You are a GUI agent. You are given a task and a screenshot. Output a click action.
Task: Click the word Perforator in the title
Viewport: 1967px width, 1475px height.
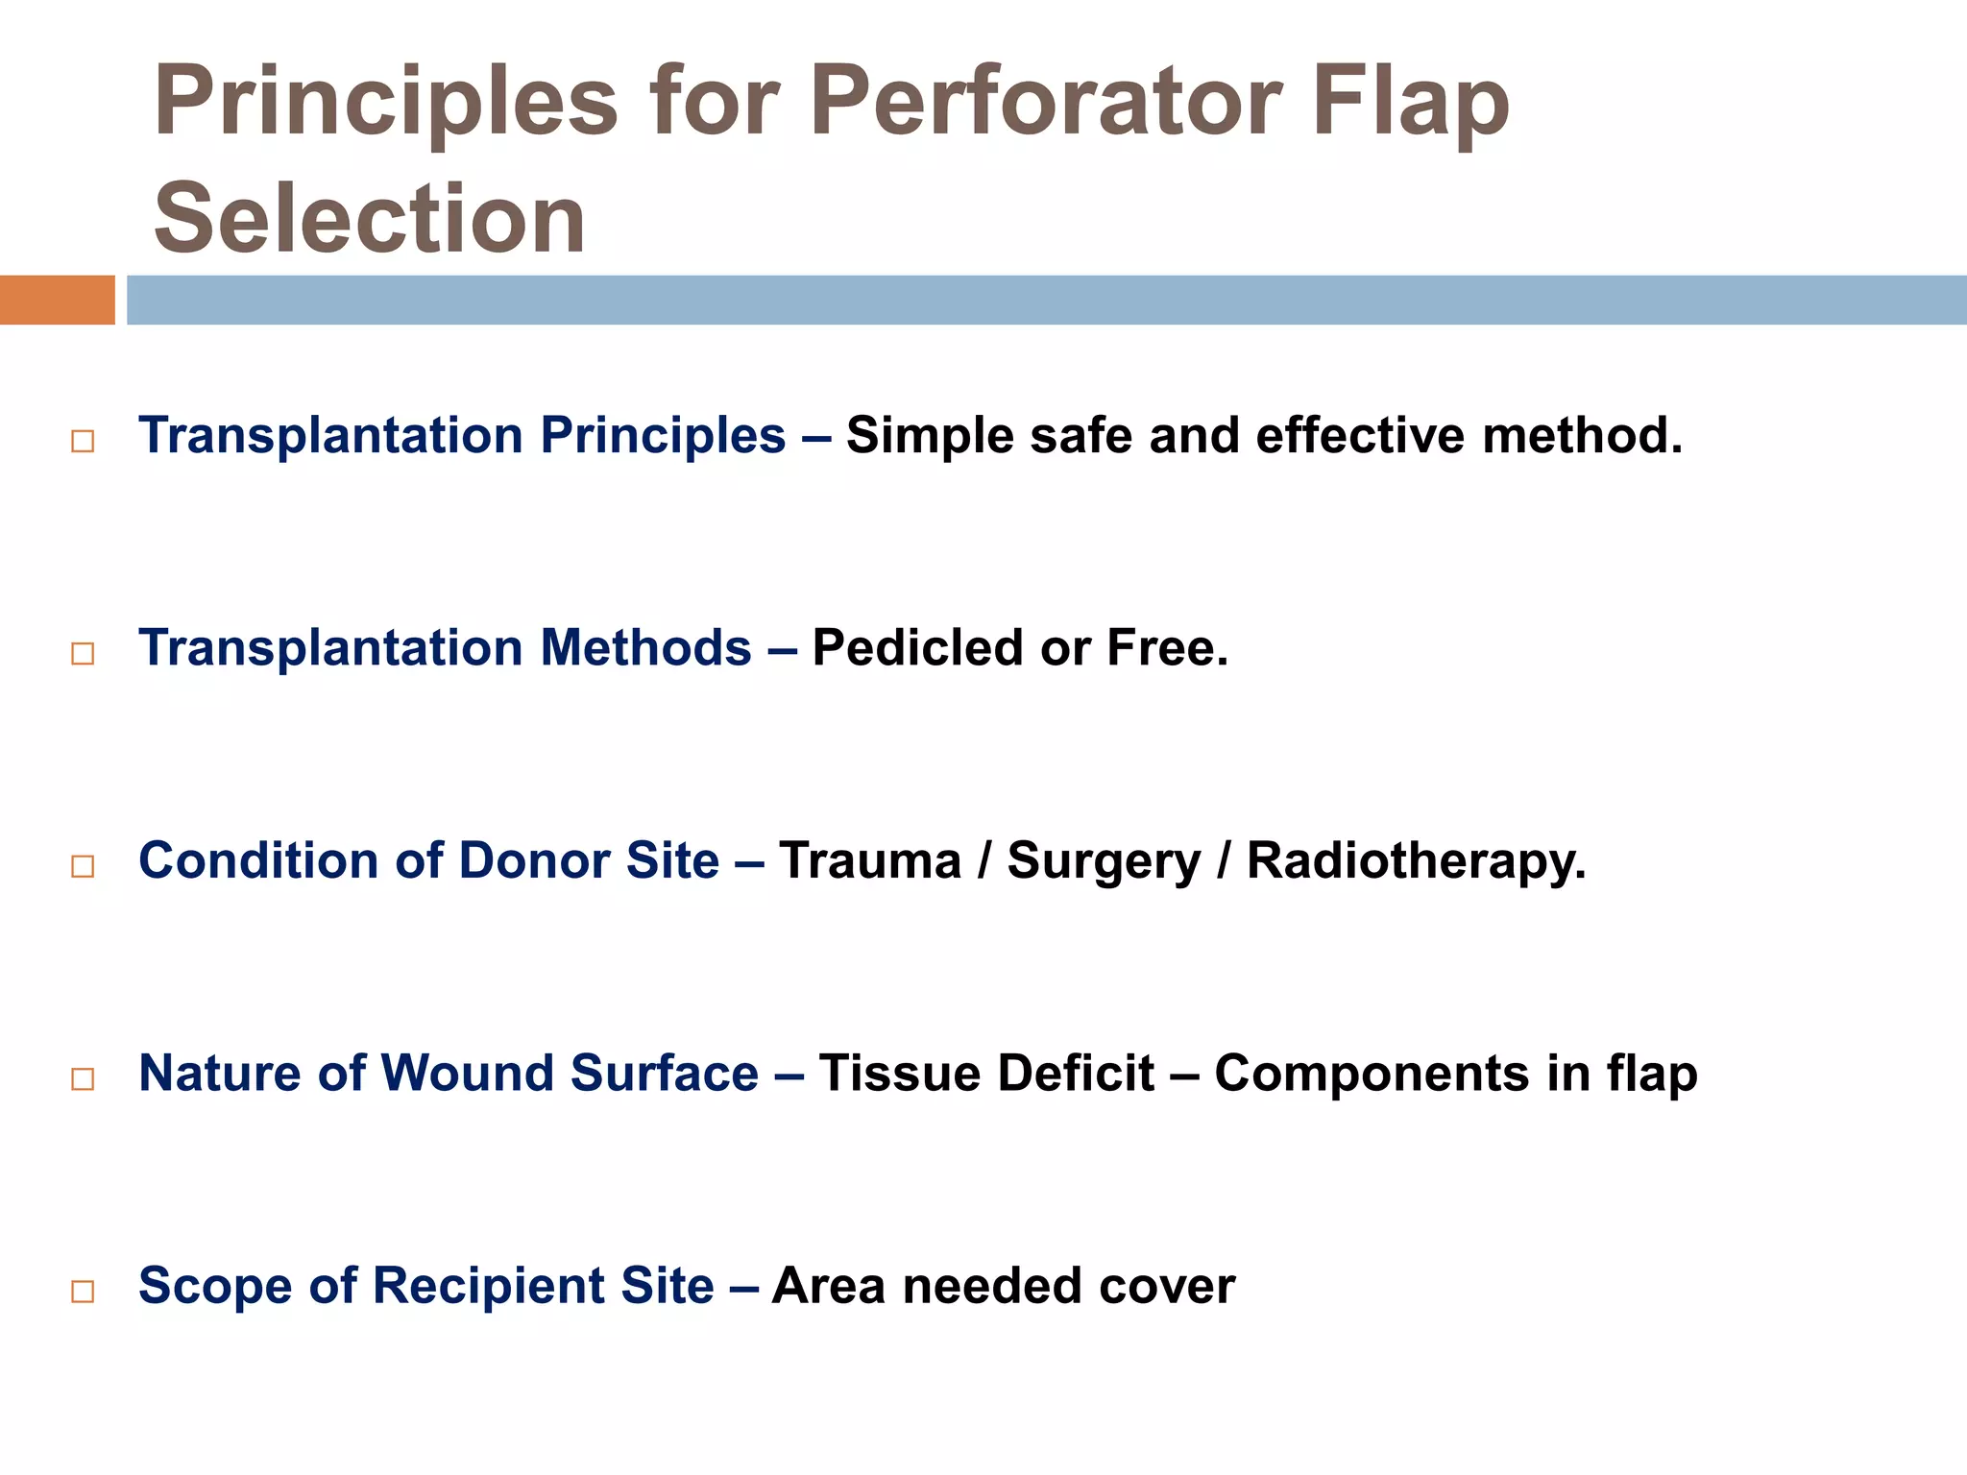1045,102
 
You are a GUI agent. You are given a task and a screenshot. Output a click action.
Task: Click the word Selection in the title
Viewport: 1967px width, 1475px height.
370,219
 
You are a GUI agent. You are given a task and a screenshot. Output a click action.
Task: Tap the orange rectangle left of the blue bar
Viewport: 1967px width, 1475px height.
57,300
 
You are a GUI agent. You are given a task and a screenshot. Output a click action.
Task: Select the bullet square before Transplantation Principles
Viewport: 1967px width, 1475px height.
83,442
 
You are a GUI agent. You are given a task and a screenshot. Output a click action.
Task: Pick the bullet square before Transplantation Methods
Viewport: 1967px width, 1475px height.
83,654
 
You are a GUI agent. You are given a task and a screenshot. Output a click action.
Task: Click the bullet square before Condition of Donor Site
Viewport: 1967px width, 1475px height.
83,866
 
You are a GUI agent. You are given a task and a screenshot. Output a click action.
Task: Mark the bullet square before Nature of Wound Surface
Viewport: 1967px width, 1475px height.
83,1079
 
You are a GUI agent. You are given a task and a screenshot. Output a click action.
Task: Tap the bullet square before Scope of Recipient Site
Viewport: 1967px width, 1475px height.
83,1292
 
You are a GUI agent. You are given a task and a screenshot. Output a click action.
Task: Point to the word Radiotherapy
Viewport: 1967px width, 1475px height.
1416,861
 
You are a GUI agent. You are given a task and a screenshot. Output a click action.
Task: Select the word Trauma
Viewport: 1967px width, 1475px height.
869,860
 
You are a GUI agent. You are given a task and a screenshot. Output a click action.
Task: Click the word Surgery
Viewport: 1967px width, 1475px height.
1104,861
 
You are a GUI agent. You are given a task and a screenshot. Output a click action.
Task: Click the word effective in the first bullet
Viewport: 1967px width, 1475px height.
1360,436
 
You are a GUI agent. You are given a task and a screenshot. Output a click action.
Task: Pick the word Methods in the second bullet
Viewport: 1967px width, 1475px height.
645,648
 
